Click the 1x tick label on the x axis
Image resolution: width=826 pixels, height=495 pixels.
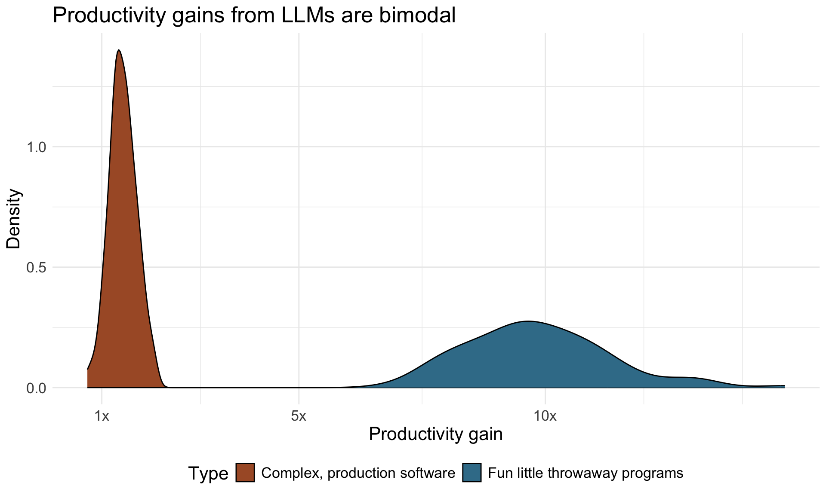102,416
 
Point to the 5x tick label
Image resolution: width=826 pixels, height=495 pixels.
298,416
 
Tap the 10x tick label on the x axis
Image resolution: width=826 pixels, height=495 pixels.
545,416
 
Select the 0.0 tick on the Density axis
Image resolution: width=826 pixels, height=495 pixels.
36,388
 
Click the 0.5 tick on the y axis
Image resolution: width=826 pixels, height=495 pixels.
36,267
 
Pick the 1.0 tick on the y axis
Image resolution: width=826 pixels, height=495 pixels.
36,147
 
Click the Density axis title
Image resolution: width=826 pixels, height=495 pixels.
14,219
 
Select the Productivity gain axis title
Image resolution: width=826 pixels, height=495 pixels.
435,434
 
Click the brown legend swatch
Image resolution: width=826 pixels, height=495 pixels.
245,473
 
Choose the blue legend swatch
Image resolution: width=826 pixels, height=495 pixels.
472,473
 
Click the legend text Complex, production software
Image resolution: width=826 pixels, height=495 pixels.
358,473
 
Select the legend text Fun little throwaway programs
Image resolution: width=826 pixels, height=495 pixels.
586,473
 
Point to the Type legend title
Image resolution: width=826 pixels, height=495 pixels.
209,474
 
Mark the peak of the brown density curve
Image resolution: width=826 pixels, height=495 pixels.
119,51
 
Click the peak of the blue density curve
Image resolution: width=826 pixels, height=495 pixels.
527,321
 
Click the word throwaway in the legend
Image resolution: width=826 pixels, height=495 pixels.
574,473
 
